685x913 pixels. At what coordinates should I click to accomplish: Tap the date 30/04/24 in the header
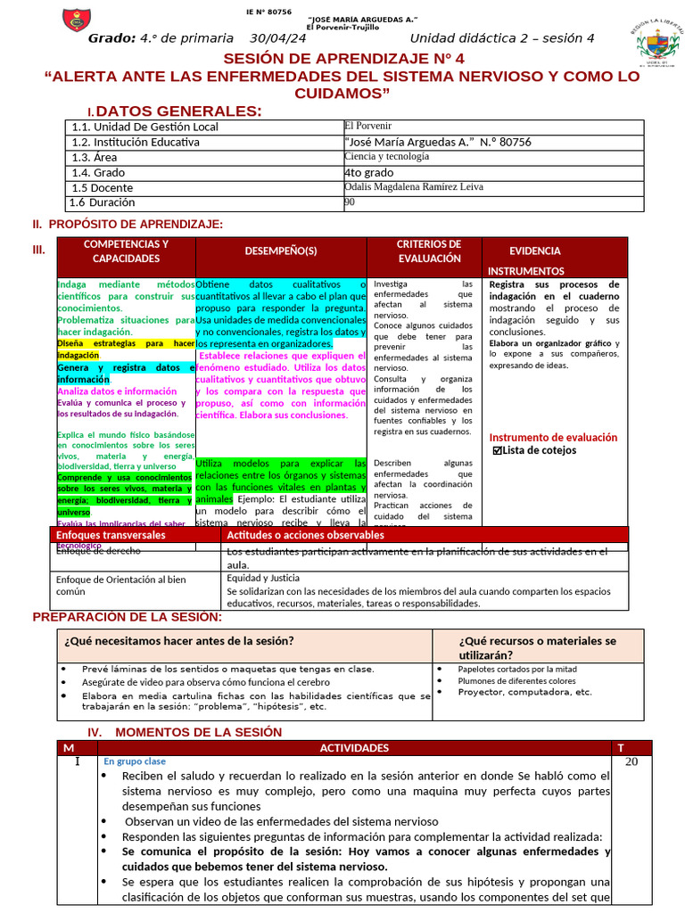pos(277,37)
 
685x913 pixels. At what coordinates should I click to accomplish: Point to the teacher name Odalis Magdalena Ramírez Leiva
pos(413,187)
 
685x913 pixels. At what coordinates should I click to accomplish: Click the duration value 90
pos(350,202)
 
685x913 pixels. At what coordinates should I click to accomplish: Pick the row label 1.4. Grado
pos(98,172)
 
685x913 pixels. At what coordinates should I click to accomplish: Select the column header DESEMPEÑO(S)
pos(281,251)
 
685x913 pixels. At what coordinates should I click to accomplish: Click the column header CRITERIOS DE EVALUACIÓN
pos(428,251)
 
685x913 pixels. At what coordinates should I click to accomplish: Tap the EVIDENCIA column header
pos(535,251)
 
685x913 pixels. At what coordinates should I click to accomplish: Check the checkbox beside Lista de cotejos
pos(498,451)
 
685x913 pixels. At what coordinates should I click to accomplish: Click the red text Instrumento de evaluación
pos(553,438)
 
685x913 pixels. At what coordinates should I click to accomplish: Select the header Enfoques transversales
pos(111,535)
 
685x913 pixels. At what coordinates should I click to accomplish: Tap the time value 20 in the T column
pos(631,761)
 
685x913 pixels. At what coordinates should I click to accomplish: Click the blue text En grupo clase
pos(135,761)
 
